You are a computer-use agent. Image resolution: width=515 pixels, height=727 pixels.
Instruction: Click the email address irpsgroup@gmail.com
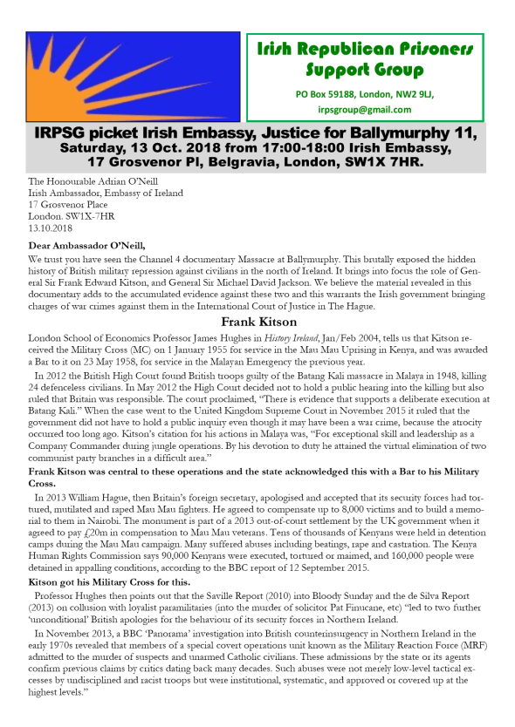pyautogui.click(x=364, y=109)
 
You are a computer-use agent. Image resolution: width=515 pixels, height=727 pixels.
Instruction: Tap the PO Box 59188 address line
pyautogui.click(x=364, y=92)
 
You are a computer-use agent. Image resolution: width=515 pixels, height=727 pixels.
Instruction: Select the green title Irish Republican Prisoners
pyautogui.click(x=364, y=49)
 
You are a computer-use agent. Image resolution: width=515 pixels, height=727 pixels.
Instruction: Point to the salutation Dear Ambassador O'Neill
pyautogui.click(x=84, y=246)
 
